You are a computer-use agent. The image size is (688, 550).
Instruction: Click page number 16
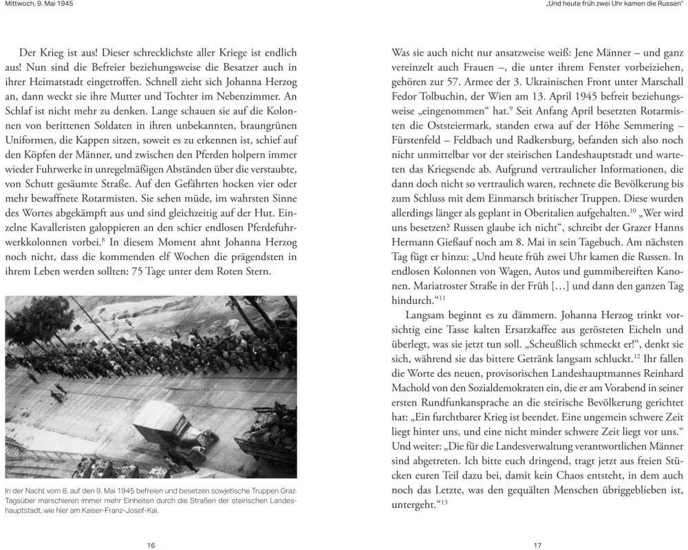tap(151, 545)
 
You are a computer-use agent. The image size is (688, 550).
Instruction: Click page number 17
tap(538, 545)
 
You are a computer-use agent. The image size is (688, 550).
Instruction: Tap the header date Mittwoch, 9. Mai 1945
tap(39, 4)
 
